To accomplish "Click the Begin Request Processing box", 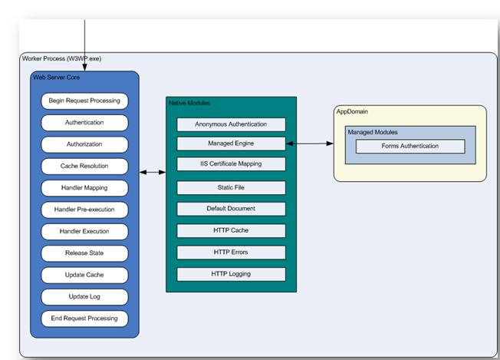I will click(x=84, y=101).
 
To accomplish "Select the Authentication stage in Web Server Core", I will click(x=84, y=122).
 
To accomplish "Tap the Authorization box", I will click(x=84, y=144).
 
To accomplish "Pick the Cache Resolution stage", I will click(x=84, y=166).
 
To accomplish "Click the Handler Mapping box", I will click(x=84, y=187).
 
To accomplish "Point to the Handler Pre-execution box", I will click(x=84, y=210).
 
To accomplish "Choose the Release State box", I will click(x=84, y=253).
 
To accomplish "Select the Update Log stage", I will click(x=84, y=296).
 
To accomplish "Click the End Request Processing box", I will click(x=84, y=318).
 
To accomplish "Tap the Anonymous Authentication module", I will click(x=231, y=124).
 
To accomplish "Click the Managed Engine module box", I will click(x=231, y=144).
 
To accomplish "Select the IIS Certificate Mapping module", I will click(x=231, y=164).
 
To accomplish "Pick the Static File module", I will click(x=231, y=188).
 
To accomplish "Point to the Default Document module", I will click(x=231, y=209).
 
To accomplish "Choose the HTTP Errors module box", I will click(x=231, y=253).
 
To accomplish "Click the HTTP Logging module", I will click(x=231, y=274).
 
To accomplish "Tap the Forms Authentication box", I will click(x=410, y=147).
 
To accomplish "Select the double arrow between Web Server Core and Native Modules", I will click(x=153, y=173).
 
